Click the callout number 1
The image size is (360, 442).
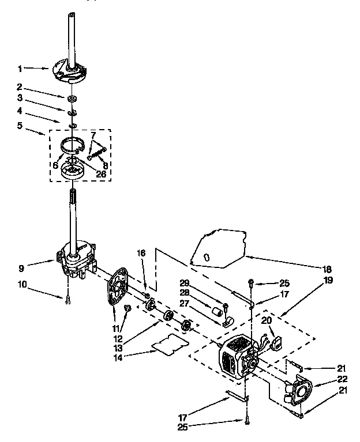coord(21,69)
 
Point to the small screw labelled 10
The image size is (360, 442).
coord(67,298)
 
